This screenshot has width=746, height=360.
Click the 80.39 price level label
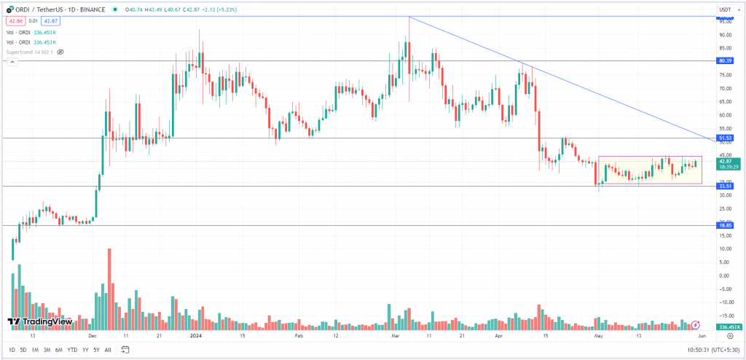click(725, 61)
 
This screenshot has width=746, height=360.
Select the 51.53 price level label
click(725, 138)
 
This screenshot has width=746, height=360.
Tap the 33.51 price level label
click(725, 186)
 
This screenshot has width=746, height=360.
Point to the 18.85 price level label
click(725, 225)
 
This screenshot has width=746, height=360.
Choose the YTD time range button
click(72, 350)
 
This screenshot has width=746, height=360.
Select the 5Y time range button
click(96, 350)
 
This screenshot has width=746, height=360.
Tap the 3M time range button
click(47, 350)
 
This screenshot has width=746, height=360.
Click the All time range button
click(108, 350)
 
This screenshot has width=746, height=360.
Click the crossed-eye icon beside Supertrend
click(61, 52)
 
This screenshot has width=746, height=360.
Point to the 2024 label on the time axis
click(195, 337)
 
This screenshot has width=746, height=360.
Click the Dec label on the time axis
click(93, 337)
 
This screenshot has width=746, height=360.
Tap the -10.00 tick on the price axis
click(725, 302)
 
